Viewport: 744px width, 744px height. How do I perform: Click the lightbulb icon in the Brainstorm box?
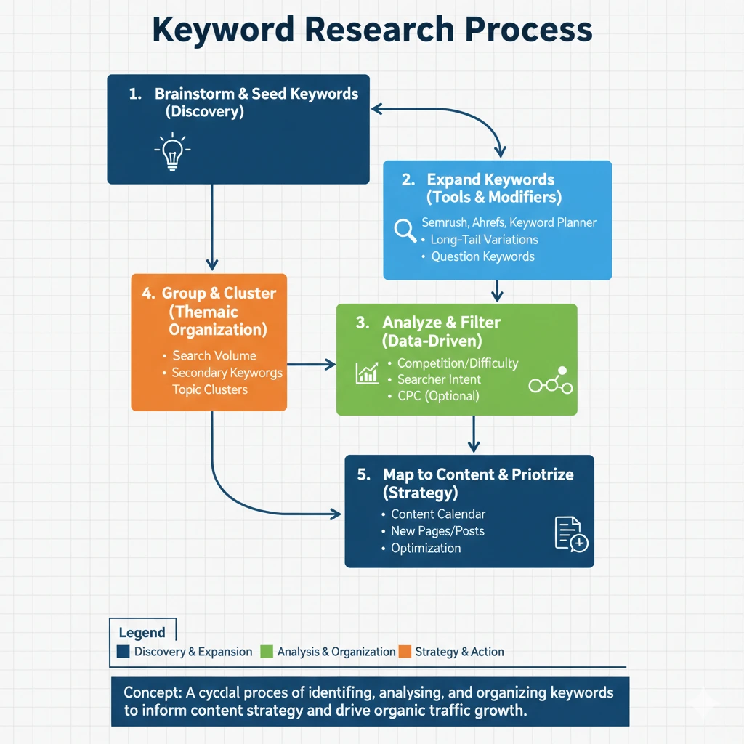point(172,151)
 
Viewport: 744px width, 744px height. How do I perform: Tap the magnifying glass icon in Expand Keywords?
point(405,230)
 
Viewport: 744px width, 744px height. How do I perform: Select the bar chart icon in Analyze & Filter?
point(367,372)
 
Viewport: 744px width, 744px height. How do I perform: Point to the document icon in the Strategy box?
point(570,534)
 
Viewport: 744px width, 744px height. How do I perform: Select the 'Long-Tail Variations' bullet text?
point(484,239)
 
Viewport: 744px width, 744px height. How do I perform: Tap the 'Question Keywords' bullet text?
point(482,256)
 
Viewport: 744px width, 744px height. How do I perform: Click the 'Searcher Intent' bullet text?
point(439,379)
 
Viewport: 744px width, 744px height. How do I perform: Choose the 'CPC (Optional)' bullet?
point(438,396)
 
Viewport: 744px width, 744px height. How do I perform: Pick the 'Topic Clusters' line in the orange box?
point(210,390)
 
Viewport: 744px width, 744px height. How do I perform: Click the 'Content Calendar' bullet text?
point(438,514)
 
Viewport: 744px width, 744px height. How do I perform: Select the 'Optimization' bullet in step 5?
point(426,548)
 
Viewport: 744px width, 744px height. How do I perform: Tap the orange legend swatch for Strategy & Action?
point(405,652)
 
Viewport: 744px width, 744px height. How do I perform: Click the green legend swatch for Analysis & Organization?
point(267,652)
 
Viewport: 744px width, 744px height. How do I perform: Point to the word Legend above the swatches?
point(142,633)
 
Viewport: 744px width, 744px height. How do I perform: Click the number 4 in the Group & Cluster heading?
point(147,294)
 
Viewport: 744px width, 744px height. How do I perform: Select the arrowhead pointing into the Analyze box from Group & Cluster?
point(331,364)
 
